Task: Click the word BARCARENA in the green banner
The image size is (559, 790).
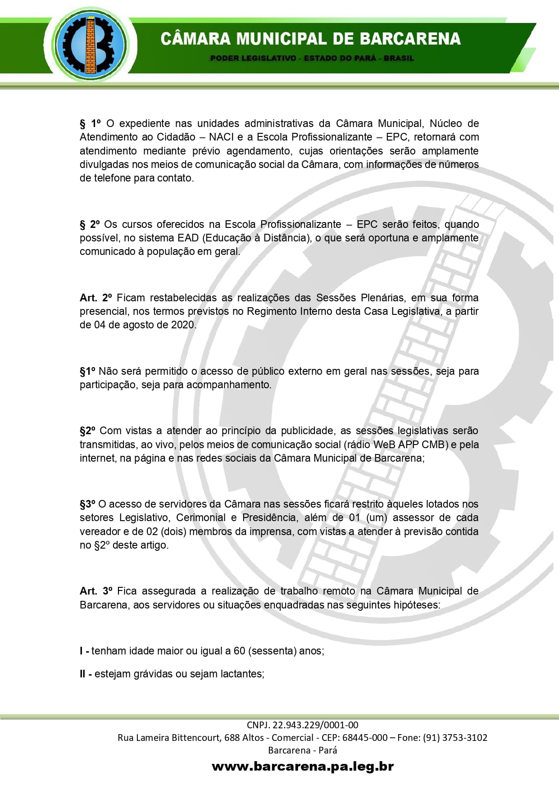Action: [410, 39]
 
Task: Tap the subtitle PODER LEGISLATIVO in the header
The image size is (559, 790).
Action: [253, 58]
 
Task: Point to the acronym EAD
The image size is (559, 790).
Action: [188, 238]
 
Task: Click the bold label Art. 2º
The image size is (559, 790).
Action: [96, 298]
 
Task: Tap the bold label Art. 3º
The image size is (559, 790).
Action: [96, 591]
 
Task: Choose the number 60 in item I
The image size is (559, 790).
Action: [239, 651]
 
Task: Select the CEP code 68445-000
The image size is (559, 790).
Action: [365, 738]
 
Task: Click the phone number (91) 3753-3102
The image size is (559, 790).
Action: [455, 738]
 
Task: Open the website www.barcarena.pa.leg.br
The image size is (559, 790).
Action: [303, 766]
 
